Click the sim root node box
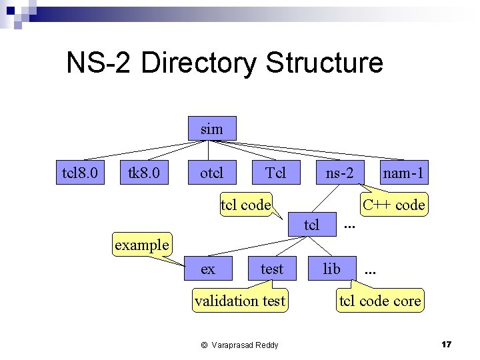[x=211, y=128]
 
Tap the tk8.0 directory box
[x=144, y=173]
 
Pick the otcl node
[x=211, y=173]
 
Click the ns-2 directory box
[x=339, y=173]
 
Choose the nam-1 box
[x=403, y=173]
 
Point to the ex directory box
[x=208, y=269]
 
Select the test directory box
[x=271, y=269]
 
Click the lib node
[x=331, y=269]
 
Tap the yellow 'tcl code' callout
[x=245, y=205]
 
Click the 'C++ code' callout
[x=393, y=205]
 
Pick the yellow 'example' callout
[x=141, y=244]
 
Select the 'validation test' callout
[x=240, y=301]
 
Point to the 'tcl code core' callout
[x=380, y=301]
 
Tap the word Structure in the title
[x=324, y=63]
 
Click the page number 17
[x=446, y=344]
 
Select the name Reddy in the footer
[x=265, y=345]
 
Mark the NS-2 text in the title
[x=100, y=63]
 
